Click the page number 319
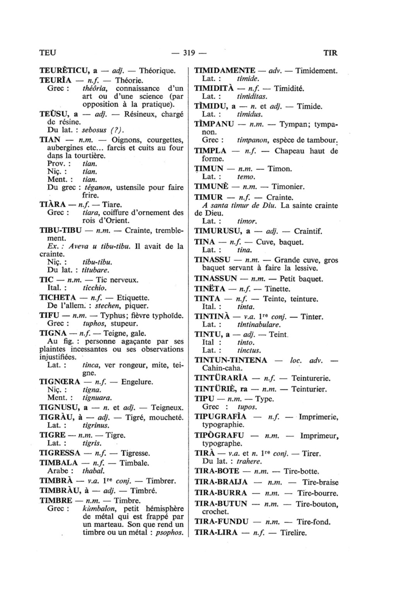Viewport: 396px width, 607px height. (x=188, y=53)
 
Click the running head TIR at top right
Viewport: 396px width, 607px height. (x=330, y=53)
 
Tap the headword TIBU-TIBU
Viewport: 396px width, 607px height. (x=60, y=231)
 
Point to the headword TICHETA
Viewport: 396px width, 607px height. (x=58, y=298)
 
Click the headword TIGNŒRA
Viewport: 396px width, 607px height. (x=60, y=382)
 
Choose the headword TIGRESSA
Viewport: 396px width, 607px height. (x=60, y=453)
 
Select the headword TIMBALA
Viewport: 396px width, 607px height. (x=58, y=463)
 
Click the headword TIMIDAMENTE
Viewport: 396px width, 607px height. (x=224, y=71)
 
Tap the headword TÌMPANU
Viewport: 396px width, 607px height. (x=214, y=124)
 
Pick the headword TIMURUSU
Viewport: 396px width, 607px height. (x=218, y=232)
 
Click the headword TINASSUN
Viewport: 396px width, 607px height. (x=215, y=279)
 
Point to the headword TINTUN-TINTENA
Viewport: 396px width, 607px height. (x=230, y=360)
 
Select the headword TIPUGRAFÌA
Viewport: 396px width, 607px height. (x=220, y=417)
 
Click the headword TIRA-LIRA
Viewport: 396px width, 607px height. (x=216, y=533)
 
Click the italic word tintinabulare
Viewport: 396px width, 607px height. (x=259, y=325)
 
